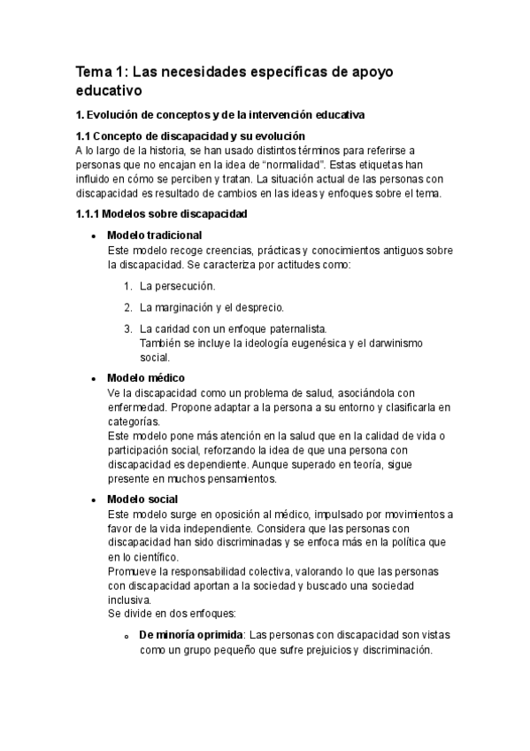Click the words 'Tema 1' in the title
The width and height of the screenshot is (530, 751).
(x=102, y=71)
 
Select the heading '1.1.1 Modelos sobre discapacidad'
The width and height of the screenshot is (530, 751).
(x=162, y=214)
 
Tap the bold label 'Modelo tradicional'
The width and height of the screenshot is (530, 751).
(x=154, y=236)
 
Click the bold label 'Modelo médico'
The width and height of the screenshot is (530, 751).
(x=145, y=378)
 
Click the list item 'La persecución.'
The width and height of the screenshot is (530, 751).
(x=177, y=286)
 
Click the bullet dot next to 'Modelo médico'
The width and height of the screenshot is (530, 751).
(x=93, y=379)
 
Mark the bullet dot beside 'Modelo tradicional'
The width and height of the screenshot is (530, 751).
(x=93, y=236)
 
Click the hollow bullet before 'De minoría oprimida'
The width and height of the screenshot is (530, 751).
(x=127, y=637)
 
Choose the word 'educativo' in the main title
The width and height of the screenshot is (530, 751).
(x=109, y=90)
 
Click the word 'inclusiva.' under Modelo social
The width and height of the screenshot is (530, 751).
(x=130, y=599)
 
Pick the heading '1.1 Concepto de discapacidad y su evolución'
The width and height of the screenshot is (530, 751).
(x=191, y=136)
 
